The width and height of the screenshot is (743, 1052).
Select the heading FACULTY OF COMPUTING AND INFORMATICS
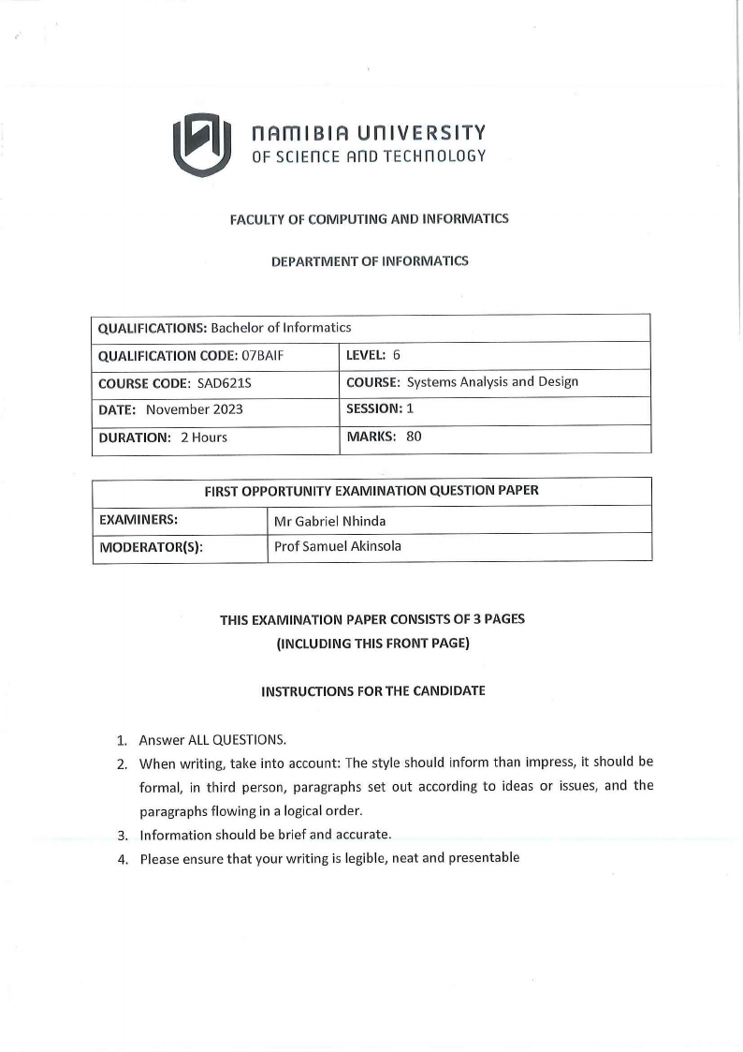point(370,219)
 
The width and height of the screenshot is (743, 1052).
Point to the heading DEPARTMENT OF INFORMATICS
point(370,261)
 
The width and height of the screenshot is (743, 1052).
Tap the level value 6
point(397,355)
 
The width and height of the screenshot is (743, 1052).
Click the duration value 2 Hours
point(204,437)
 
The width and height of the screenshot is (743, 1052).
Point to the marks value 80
point(414,436)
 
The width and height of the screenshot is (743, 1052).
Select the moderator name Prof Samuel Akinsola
point(338,546)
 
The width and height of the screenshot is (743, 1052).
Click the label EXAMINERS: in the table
point(138,519)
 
